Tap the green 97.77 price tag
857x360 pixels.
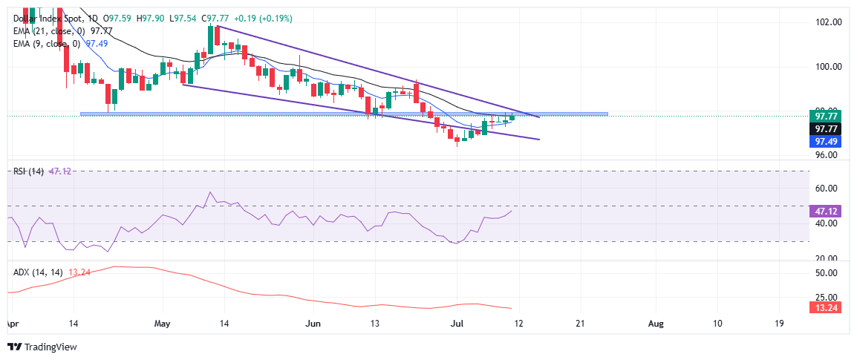coord(827,117)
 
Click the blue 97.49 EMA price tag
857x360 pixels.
coord(827,140)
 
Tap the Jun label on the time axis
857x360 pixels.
coord(313,324)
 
